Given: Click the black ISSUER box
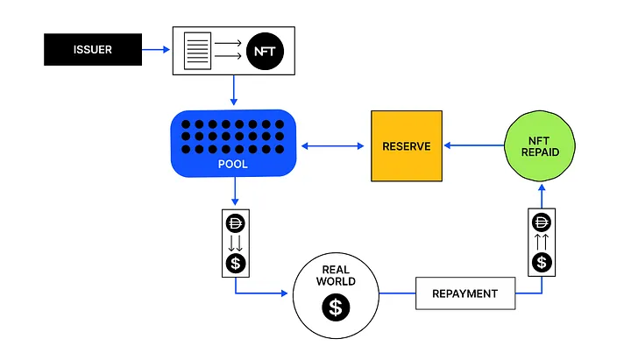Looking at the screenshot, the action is coord(93,49).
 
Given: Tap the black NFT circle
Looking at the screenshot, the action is coord(265,51).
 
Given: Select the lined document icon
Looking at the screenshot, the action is coord(197,51).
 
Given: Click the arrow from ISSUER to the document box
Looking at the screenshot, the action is coord(156,49).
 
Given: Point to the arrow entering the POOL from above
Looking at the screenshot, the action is coord(234,90).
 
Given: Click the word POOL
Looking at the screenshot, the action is coord(232,164).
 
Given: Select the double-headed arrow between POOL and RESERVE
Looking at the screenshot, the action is coord(332,146).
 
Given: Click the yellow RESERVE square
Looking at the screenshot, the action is coord(407,146).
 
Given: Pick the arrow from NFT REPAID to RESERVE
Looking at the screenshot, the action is coord(474,145).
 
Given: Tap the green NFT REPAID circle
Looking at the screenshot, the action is coord(540,146).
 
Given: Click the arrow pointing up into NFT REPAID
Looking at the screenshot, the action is coord(542,196).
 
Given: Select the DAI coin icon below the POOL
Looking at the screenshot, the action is coord(236,223).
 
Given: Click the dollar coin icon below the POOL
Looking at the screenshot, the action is coord(236,264).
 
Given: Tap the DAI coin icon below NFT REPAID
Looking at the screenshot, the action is coord(542,222).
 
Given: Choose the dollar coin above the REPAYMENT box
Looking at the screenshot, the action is coord(542,262).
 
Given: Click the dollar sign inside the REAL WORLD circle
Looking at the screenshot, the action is coord(336,307).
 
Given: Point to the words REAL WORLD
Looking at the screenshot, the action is coord(336,276).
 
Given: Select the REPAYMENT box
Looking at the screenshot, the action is coord(465,293).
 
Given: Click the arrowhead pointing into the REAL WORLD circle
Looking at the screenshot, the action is coord(285,293).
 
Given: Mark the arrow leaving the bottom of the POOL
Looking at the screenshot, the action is coord(235,191).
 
